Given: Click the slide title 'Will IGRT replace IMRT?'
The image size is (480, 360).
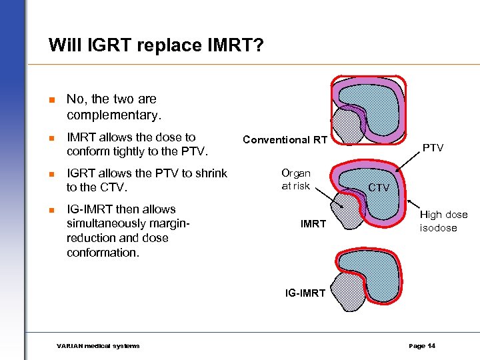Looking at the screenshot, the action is tap(157, 45).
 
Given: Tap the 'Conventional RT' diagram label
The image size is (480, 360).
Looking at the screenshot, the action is tap(285, 139).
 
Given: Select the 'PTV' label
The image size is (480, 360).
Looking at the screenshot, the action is tap(433, 147).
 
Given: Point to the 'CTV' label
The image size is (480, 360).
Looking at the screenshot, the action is tap(379, 187).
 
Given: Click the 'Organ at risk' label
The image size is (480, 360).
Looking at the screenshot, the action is tap(295, 179).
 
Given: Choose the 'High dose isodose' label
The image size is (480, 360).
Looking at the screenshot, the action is tap(443, 221).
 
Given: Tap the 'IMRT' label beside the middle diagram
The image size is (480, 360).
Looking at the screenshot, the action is tap(313, 223).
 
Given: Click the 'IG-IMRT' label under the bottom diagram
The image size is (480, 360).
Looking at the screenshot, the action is tap(305, 293).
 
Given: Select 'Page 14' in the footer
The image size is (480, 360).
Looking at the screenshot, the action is tap(422, 345).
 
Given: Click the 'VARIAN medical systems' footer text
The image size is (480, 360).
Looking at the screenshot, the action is tap(98, 345).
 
